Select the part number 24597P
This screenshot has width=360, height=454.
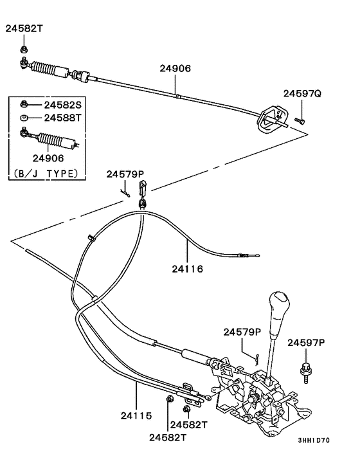click(x=306, y=343)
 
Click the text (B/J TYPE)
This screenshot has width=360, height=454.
click(x=45, y=173)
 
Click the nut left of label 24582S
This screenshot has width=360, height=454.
click(x=24, y=104)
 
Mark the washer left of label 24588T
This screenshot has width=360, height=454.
click(x=24, y=118)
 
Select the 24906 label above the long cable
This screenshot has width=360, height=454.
click(x=175, y=68)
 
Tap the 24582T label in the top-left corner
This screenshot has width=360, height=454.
click(x=26, y=28)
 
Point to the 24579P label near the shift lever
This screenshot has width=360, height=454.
click(x=242, y=332)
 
